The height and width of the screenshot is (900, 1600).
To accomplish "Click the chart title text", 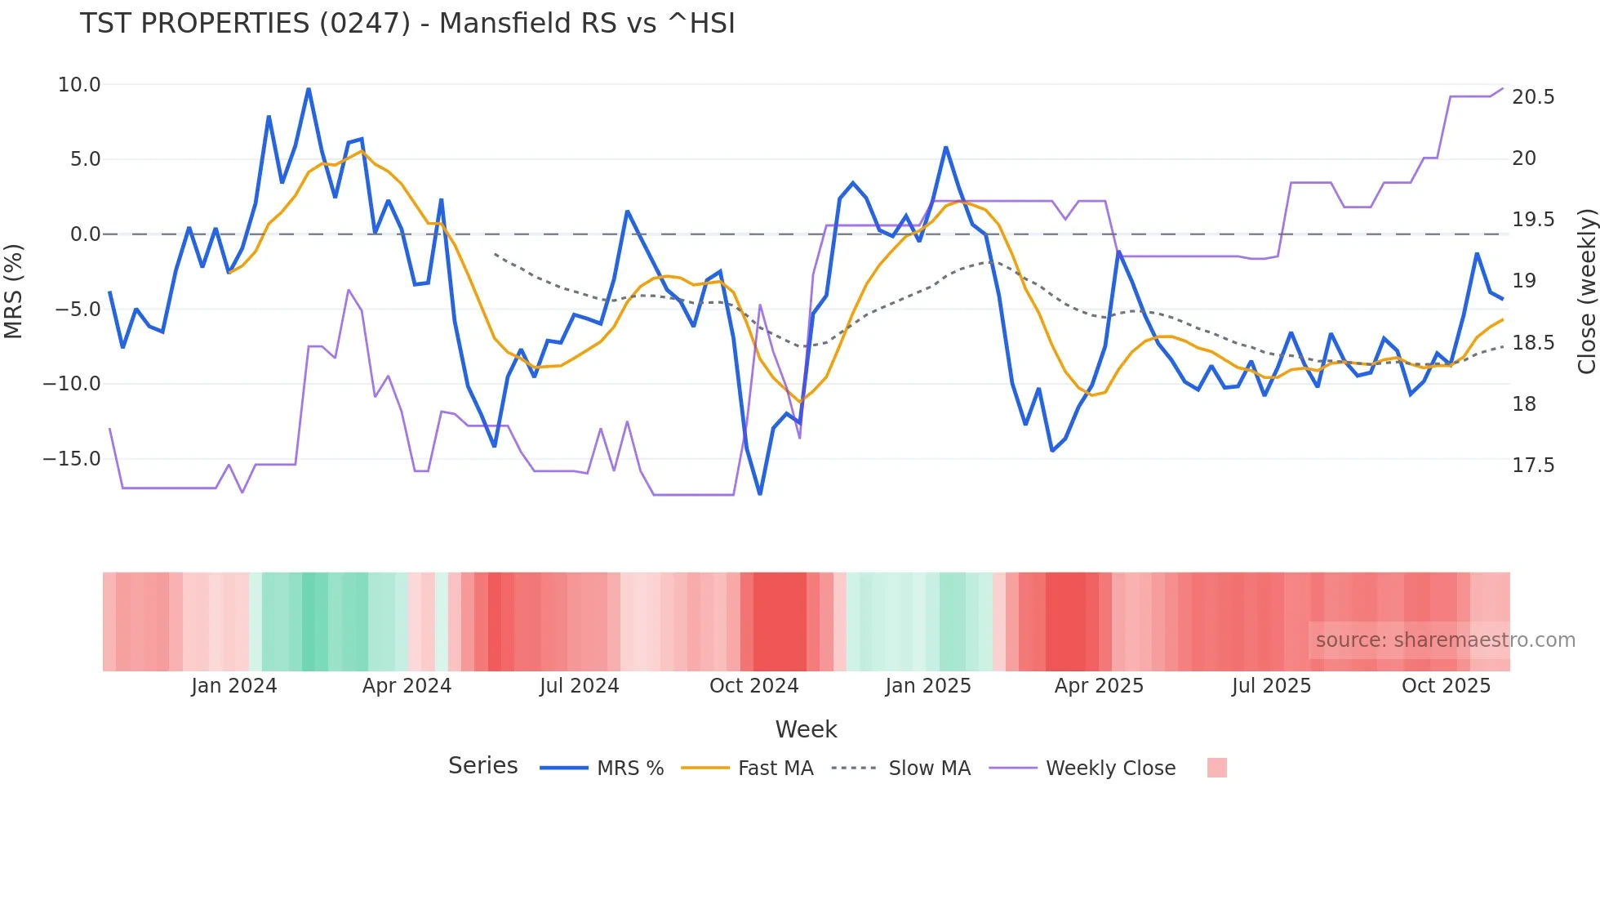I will pos(407,24).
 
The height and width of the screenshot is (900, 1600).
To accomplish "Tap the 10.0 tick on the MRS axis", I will pos(79,85).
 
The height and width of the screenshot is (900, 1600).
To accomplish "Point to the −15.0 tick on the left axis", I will pos(72,459).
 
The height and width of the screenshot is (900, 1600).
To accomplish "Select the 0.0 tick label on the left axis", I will pos(85,234).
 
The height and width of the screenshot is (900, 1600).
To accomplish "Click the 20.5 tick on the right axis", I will pos(1532,97).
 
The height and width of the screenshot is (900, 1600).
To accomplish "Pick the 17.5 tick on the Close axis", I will pos(1532,466).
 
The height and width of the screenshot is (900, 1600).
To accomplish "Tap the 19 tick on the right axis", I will pos(1523,281).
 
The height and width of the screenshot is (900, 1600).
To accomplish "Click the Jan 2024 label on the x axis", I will pos(233,686).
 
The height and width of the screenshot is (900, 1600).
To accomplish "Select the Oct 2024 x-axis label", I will pos(753,686).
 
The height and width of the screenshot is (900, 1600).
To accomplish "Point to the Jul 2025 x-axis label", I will pos(1271,686).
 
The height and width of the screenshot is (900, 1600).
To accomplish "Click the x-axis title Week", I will pos(806,729).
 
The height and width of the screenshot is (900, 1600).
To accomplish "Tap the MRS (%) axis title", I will pos(14,291).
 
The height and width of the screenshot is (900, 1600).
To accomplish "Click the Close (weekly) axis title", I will pos(1586,291).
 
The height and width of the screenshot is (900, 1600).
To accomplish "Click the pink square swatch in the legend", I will pos(1216,768).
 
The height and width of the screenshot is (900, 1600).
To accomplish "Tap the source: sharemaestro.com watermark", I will pos(1445,640).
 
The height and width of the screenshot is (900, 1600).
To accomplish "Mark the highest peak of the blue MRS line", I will pos(309,88).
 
